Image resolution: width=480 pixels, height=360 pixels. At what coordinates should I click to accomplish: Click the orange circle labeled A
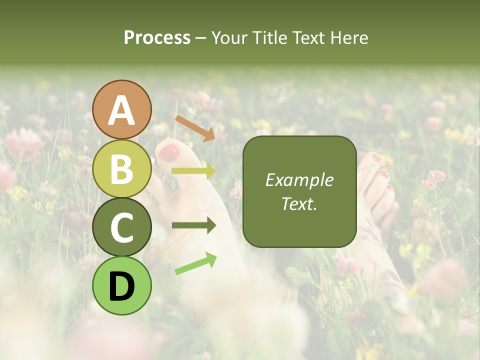click(122, 109)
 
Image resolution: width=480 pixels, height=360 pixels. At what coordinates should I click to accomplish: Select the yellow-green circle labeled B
click(122, 168)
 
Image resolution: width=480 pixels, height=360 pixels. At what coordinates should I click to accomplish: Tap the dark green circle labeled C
click(122, 227)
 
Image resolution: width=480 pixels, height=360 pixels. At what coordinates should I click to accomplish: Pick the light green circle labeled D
click(122, 285)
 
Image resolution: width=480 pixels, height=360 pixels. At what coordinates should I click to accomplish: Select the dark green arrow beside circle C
click(193, 225)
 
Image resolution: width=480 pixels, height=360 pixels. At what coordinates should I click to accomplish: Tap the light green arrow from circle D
click(195, 263)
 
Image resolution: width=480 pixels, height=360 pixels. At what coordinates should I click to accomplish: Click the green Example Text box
click(299, 191)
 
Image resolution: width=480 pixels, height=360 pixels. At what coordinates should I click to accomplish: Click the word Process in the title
click(157, 37)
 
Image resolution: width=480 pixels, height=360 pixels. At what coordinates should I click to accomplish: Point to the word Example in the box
click(299, 180)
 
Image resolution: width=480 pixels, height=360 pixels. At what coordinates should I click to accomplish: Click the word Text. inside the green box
click(299, 204)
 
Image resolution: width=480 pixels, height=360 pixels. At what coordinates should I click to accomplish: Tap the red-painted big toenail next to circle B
click(168, 152)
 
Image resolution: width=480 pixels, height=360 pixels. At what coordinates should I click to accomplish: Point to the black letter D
click(122, 286)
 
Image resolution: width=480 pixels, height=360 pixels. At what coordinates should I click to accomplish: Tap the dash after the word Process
click(200, 38)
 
